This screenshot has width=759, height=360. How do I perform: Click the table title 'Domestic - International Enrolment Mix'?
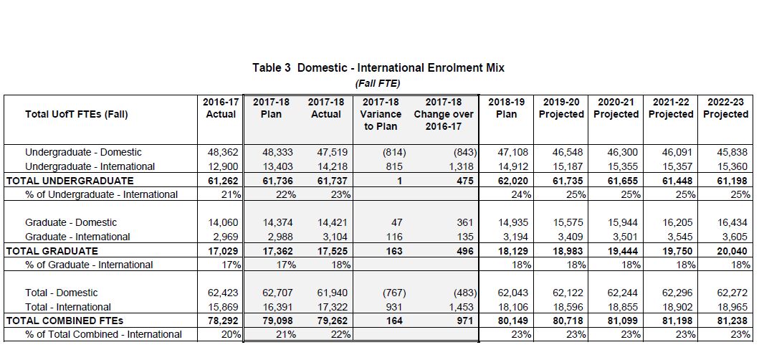[x=401, y=68]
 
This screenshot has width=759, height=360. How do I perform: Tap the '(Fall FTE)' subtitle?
[x=378, y=83]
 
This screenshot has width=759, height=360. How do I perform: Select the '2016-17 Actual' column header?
[x=220, y=108]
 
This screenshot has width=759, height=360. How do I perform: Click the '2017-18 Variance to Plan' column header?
[x=381, y=114]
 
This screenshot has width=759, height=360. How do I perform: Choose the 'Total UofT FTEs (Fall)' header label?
[x=76, y=114]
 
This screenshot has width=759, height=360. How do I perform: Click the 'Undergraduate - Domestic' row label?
[x=83, y=152]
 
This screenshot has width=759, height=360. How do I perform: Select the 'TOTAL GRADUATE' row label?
[x=52, y=251]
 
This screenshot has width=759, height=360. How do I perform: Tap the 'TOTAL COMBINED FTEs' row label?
[x=65, y=321]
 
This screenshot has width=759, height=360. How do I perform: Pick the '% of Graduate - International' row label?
[x=89, y=265]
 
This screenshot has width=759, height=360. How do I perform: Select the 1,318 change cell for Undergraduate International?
[x=461, y=166]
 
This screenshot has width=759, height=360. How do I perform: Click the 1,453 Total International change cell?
[x=461, y=306]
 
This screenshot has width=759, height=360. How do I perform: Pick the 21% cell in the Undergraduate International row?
[x=231, y=194]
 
